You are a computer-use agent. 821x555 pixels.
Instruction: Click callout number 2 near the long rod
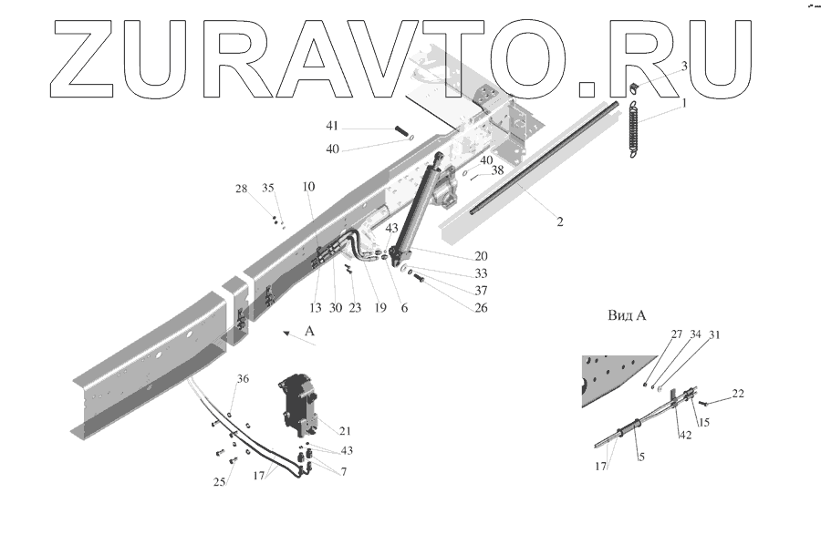pyautogui.click(x=559, y=221)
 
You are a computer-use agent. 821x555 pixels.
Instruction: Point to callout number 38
pyautogui.click(x=497, y=170)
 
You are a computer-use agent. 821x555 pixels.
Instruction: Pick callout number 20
pyautogui.click(x=480, y=256)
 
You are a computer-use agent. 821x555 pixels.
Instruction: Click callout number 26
pyautogui.click(x=481, y=308)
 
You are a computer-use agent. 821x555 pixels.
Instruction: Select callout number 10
pyautogui.click(x=309, y=187)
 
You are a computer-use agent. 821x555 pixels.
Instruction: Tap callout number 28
pyautogui.click(x=241, y=189)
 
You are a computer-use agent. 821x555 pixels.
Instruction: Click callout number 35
pyautogui.click(x=268, y=189)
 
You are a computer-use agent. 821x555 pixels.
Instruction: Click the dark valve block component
pyautogui.click(x=298, y=406)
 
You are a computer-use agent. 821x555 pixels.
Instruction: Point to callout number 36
pyautogui.click(x=243, y=380)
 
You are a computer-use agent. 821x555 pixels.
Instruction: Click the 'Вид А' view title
pyautogui.click(x=627, y=316)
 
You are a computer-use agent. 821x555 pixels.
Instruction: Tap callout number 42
pyautogui.click(x=684, y=435)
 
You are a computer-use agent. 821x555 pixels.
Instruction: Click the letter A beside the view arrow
pyautogui.click(x=310, y=332)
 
